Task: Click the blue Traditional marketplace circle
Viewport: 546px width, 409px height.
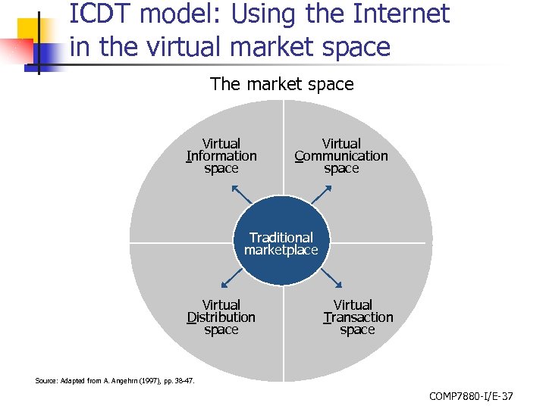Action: [x=281, y=242]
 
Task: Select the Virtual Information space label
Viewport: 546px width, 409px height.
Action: [x=221, y=156]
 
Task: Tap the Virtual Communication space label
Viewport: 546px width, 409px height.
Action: [x=341, y=156]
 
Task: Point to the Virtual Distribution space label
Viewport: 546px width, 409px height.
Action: [x=221, y=317]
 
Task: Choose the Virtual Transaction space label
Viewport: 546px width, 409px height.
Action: [x=358, y=317]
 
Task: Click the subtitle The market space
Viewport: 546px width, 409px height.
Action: [x=281, y=84]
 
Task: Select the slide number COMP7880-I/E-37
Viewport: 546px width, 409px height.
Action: [x=471, y=396]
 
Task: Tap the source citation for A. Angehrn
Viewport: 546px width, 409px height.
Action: [x=115, y=381]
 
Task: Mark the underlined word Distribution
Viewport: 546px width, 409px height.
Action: [x=221, y=317]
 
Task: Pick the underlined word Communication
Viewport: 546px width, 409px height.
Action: [x=341, y=156]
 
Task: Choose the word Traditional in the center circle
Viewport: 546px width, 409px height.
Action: [x=281, y=237]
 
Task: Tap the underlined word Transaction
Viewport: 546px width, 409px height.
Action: [x=358, y=317]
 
